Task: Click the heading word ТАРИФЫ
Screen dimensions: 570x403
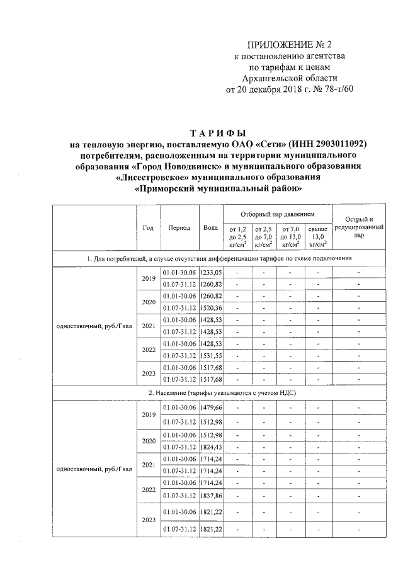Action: click(219, 133)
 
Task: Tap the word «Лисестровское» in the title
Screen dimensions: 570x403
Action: click(156, 178)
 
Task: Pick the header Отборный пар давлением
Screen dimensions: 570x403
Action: click(278, 214)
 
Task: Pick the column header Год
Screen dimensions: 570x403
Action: click(149, 227)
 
